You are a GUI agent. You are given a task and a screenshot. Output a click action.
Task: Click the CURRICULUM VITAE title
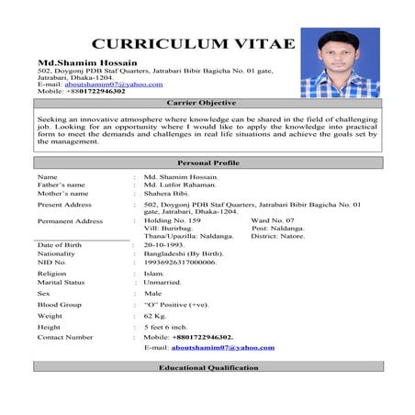tap(194, 43)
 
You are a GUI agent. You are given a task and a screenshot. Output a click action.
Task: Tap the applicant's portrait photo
tap(353, 62)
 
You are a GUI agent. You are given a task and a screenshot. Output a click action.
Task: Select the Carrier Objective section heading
tap(207, 103)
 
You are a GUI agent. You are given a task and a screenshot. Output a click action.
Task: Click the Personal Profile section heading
tap(207, 162)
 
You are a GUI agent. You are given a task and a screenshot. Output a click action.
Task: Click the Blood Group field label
tap(60, 304)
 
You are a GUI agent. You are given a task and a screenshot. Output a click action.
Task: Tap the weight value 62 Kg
tap(156, 315)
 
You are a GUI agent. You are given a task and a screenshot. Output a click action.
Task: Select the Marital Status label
tap(62, 283)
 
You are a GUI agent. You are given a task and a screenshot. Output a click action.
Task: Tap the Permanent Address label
tap(70, 221)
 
